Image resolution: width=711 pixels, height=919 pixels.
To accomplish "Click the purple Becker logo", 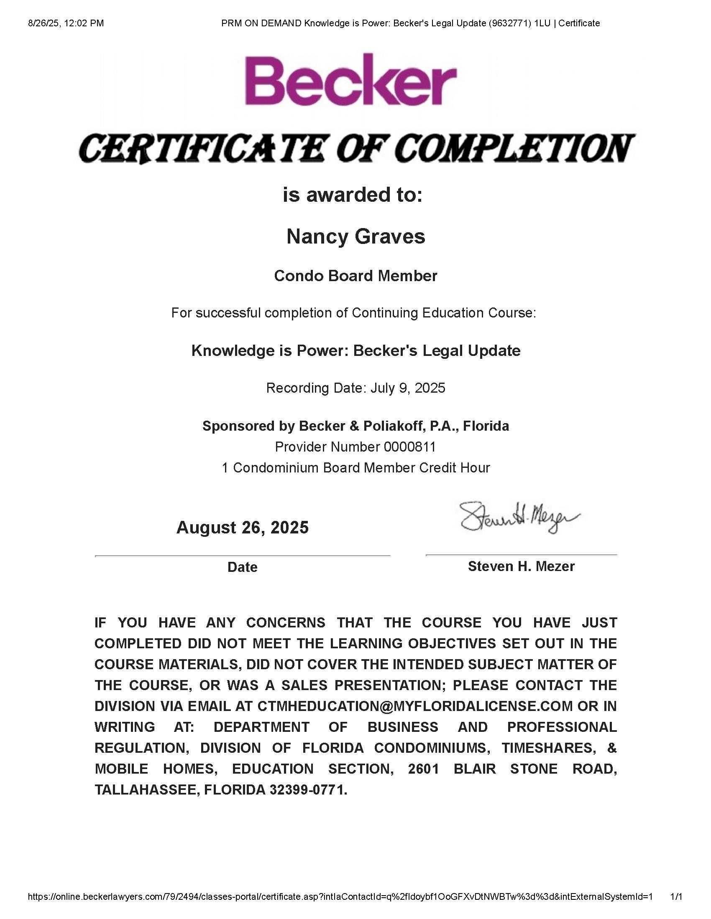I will pyautogui.click(x=351, y=79).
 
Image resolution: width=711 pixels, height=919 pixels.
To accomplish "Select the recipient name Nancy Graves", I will pyautogui.click(x=355, y=236).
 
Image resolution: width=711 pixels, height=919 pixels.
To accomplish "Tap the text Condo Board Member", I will pyautogui.click(x=355, y=276).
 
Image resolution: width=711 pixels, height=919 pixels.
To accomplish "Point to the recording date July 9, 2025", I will pyautogui.click(x=407, y=388).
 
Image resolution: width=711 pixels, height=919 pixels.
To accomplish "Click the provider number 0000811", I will pyautogui.click(x=409, y=447).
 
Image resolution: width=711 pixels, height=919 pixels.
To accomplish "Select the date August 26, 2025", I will pyautogui.click(x=242, y=527).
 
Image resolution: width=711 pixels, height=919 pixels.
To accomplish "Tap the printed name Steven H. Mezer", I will pyautogui.click(x=521, y=566).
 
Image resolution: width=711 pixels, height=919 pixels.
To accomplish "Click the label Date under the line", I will pyautogui.click(x=242, y=567).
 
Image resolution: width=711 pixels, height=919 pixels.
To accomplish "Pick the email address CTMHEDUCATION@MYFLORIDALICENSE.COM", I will pyautogui.click(x=415, y=706).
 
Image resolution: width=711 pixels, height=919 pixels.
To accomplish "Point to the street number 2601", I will pyautogui.click(x=423, y=769).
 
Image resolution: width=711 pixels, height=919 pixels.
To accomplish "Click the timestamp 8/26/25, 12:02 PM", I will pyautogui.click(x=66, y=23).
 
